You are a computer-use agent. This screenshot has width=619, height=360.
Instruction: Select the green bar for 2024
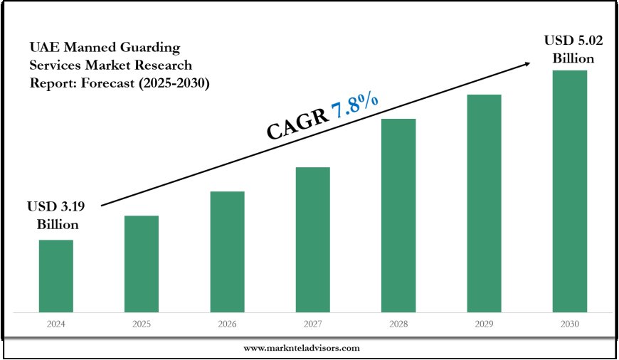click(x=55, y=275)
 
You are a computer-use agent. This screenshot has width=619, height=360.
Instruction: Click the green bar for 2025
click(x=142, y=263)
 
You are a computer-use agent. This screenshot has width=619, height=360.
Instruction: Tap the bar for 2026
click(x=227, y=251)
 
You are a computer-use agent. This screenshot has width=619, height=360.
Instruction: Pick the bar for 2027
click(x=312, y=239)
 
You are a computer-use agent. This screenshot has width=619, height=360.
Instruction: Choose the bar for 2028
click(x=398, y=215)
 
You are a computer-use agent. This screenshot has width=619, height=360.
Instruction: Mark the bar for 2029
click(x=484, y=203)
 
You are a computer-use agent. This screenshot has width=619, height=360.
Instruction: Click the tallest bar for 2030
click(x=570, y=191)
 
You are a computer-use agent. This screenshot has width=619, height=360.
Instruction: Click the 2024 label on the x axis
click(x=55, y=324)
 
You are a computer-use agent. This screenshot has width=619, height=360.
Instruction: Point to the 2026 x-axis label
click(x=227, y=324)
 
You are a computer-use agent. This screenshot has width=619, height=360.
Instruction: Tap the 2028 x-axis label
click(x=398, y=324)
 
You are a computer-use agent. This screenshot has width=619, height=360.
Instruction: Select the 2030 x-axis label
click(x=570, y=324)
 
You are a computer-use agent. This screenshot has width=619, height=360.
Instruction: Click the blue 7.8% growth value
click(x=354, y=107)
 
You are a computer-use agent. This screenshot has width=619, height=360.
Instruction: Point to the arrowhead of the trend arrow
click(x=527, y=63)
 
